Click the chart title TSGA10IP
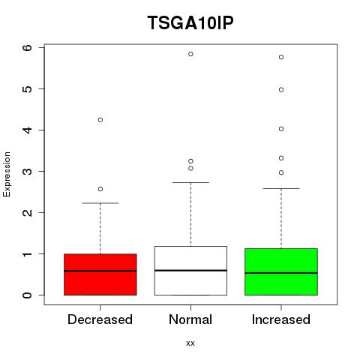(190, 22)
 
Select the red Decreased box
(100, 274)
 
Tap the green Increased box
(281, 271)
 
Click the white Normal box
(190, 271)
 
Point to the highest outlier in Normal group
(190, 54)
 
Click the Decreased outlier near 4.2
(100, 120)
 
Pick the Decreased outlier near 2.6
(100, 189)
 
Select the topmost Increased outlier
(281, 57)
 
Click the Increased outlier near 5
(281, 90)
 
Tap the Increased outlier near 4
(281, 129)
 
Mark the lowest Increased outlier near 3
(281, 172)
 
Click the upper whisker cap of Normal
(190, 182)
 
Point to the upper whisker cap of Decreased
(100, 203)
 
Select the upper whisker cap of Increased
(281, 188)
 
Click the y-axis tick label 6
(28, 47)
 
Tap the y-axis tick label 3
(28, 171)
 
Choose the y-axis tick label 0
(28, 295)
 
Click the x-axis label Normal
(190, 319)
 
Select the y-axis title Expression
(7, 174)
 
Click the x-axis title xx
(190, 343)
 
